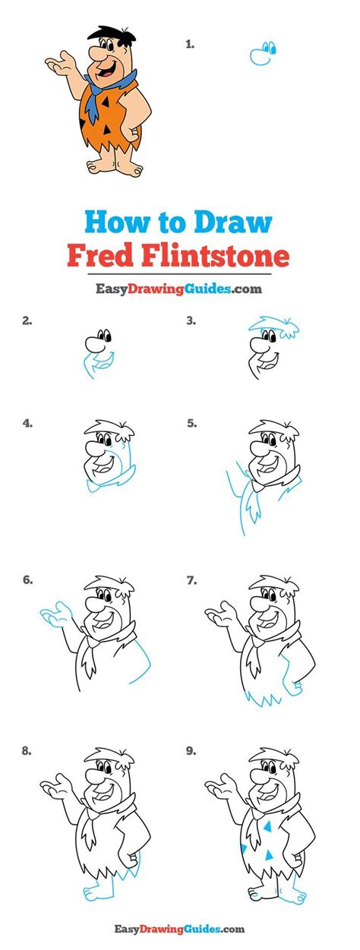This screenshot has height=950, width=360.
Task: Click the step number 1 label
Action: (x=190, y=44)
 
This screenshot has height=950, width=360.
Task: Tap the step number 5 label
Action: (x=191, y=423)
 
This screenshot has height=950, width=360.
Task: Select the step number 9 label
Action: (x=191, y=751)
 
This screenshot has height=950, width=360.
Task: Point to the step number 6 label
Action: (x=27, y=579)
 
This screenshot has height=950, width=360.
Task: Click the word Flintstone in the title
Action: (x=216, y=255)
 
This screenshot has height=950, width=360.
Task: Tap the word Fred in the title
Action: (x=101, y=255)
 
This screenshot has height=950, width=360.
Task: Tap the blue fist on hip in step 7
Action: (x=294, y=686)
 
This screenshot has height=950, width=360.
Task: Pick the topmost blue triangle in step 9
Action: (x=267, y=826)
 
